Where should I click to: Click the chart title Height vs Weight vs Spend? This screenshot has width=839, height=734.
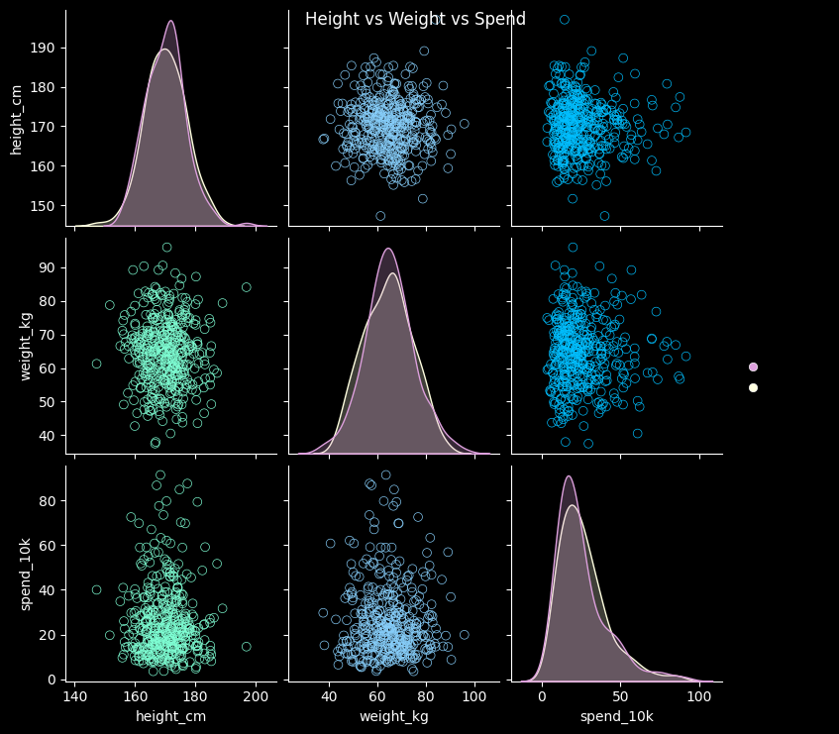415,20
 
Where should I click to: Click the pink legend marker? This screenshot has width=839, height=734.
753,367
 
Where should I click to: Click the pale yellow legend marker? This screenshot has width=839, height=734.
753,387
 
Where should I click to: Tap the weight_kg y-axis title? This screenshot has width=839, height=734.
26,345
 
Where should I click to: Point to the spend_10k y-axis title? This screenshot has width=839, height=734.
26,572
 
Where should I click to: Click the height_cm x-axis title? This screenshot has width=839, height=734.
170,715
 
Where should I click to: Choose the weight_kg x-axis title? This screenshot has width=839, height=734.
393,715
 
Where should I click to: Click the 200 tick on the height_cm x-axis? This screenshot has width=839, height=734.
257,696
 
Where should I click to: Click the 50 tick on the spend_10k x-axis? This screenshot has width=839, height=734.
621,696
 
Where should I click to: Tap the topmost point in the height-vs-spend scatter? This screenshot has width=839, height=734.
565,20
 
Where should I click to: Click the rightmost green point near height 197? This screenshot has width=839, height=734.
246,647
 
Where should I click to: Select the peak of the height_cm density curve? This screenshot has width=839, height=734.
170,22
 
